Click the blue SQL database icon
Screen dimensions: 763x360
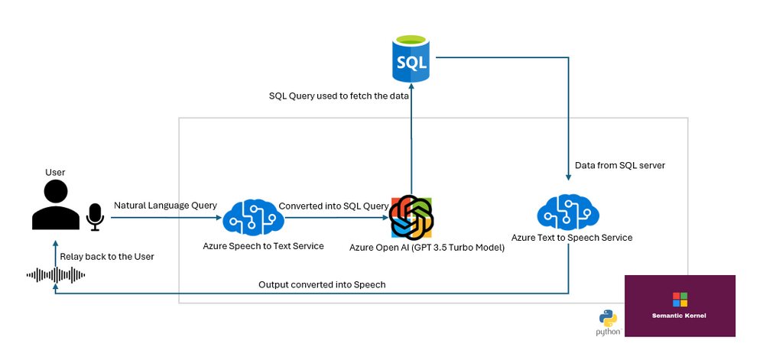pos(411,58)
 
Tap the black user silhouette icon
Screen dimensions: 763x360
pos(56,204)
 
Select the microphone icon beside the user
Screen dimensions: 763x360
pos(95,217)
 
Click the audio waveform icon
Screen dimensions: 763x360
pos(56,275)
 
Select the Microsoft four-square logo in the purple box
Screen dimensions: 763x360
pos(680,299)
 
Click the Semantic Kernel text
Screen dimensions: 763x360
pos(679,316)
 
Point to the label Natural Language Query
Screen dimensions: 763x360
pos(165,206)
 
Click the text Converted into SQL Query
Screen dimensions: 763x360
pos(333,206)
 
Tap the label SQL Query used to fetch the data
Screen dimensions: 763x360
pos(339,96)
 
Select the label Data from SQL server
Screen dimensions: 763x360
pos(620,165)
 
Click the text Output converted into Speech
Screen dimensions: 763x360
pos(322,284)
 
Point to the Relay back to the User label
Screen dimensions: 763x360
pos(107,256)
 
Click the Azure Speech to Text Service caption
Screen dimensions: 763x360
pos(263,246)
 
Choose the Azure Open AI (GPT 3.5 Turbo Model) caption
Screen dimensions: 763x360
pos(427,248)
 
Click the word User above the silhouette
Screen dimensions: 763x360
pos(55,172)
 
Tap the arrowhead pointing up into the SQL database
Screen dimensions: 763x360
pos(411,86)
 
